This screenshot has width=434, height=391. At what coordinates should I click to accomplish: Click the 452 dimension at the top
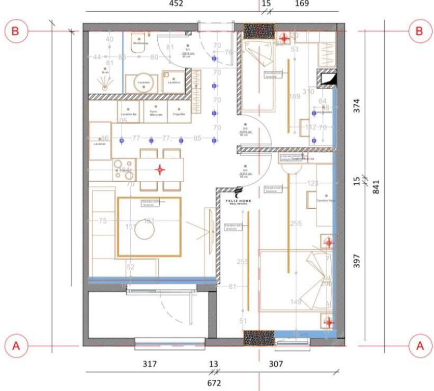pos(176,4)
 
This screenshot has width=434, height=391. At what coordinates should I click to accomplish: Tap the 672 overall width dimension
pos(214,383)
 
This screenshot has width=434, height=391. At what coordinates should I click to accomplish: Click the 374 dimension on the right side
pos(357,105)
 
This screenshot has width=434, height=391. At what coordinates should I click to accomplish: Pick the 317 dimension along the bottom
pos(149,364)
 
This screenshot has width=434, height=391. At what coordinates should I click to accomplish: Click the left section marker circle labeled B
pos(16,31)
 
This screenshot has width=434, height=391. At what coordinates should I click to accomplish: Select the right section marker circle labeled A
pos(420,346)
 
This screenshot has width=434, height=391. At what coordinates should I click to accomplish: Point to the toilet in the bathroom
pos(138,41)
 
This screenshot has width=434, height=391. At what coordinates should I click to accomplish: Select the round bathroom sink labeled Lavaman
pos(144,83)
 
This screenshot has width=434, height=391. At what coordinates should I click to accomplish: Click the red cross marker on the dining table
pos(160,170)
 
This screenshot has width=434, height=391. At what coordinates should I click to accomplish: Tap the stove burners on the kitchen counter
pos(123,169)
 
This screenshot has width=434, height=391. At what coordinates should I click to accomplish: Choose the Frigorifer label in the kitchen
pos(179,115)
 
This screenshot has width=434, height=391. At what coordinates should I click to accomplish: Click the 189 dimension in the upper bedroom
pos(295,97)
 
